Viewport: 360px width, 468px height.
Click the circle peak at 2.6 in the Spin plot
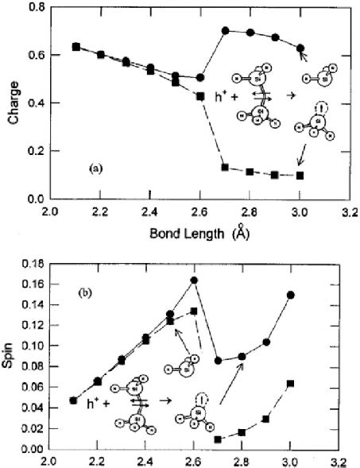(194, 280)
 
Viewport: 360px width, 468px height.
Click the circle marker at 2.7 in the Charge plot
(225, 30)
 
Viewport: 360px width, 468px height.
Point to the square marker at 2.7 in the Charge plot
(225, 167)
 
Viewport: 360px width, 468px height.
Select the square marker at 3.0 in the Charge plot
(300, 175)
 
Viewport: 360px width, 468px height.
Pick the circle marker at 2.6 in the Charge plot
(200, 78)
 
